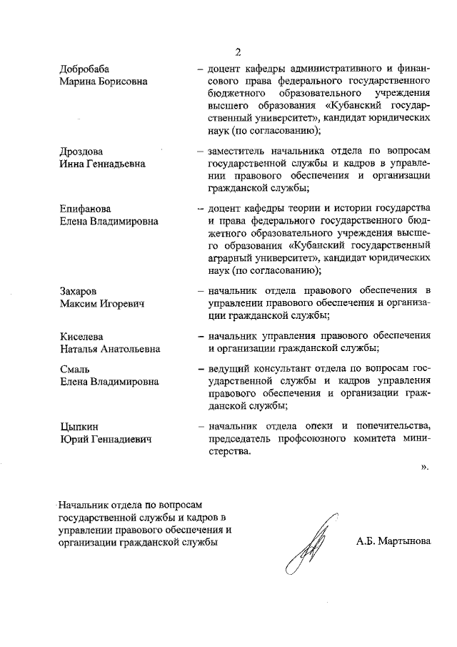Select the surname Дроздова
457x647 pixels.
click(81, 151)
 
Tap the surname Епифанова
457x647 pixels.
click(85, 209)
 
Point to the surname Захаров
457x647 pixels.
click(78, 291)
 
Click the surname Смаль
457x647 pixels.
click(74, 370)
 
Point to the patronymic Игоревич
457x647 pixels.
click(125, 304)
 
